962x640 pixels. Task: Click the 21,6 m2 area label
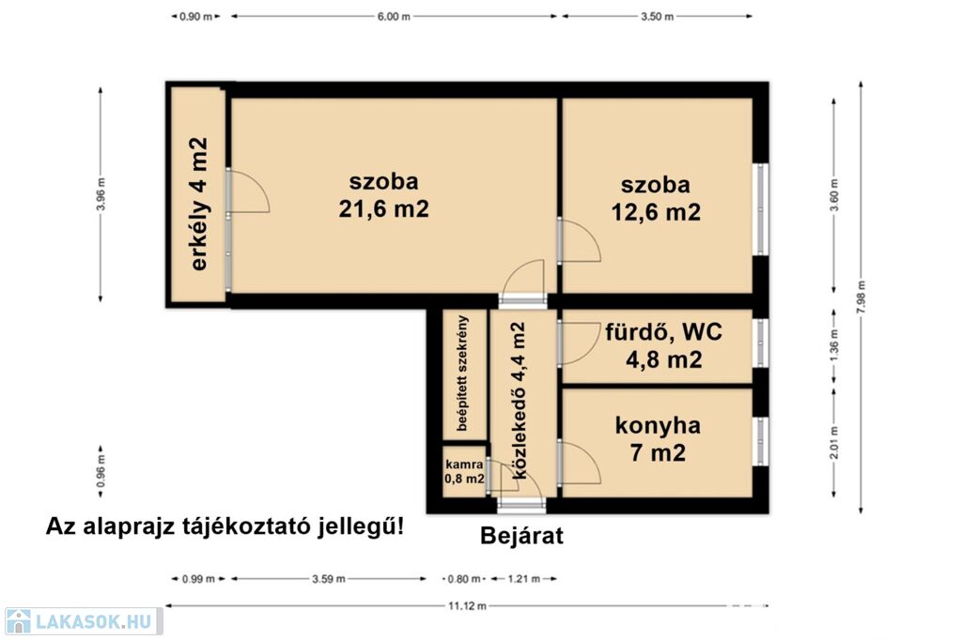tap(383, 209)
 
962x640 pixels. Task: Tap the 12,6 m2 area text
tap(655, 212)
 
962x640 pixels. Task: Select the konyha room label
tap(658, 425)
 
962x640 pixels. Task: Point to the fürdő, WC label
tap(664, 332)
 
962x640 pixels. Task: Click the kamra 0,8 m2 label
tap(464, 472)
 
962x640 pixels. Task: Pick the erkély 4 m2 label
tap(199, 205)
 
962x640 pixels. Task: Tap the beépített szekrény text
tap(462, 373)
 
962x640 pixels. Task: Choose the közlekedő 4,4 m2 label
tap(519, 401)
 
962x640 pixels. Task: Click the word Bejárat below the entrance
tap(521, 536)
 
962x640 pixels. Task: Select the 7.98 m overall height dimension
tap(861, 297)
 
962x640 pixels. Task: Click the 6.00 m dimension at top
tap(394, 17)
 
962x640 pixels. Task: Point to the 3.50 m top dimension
tap(657, 17)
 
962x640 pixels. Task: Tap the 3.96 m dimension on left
tap(101, 193)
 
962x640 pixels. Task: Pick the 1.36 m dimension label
tap(834, 345)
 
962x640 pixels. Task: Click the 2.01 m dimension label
tap(834, 443)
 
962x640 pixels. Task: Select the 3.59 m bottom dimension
tap(328, 579)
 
